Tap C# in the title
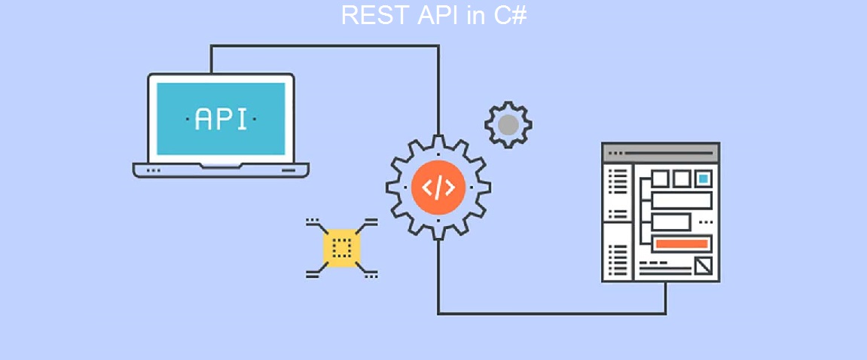[509, 15]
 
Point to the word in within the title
[475, 15]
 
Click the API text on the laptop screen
[221, 119]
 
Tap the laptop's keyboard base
[221, 170]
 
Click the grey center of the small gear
[508, 125]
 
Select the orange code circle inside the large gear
[438, 187]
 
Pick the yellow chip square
[341, 248]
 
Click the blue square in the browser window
[703, 178]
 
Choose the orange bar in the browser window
[682, 243]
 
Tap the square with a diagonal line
[704, 265]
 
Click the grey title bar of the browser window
[661, 152]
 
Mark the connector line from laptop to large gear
[324, 46]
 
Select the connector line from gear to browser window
[550, 313]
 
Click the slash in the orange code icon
[438, 187]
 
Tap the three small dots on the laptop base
[153, 170]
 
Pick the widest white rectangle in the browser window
[682, 200]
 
